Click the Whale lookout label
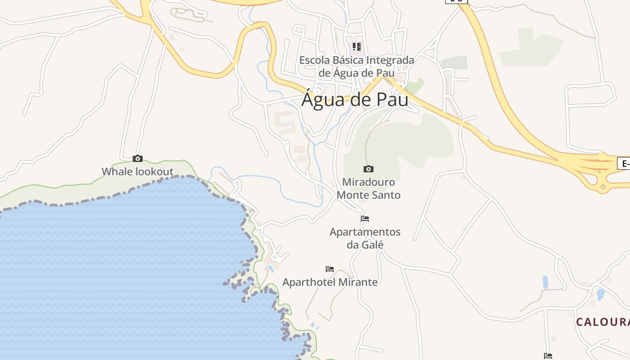coord(137,171)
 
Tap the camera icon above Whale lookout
coord(138,158)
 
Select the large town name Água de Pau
coord(355,99)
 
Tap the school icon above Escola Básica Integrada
coord(357,46)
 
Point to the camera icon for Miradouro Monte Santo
coord(369,169)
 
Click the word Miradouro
coord(369,182)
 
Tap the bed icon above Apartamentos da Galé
coord(365,219)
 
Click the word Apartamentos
coord(365,232)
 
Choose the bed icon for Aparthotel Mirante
coord(330,269)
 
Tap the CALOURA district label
coord(603,322)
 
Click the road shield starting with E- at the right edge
coord(624,163)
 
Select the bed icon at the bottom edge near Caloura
coord(548,356)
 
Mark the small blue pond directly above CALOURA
coord(600,294)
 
